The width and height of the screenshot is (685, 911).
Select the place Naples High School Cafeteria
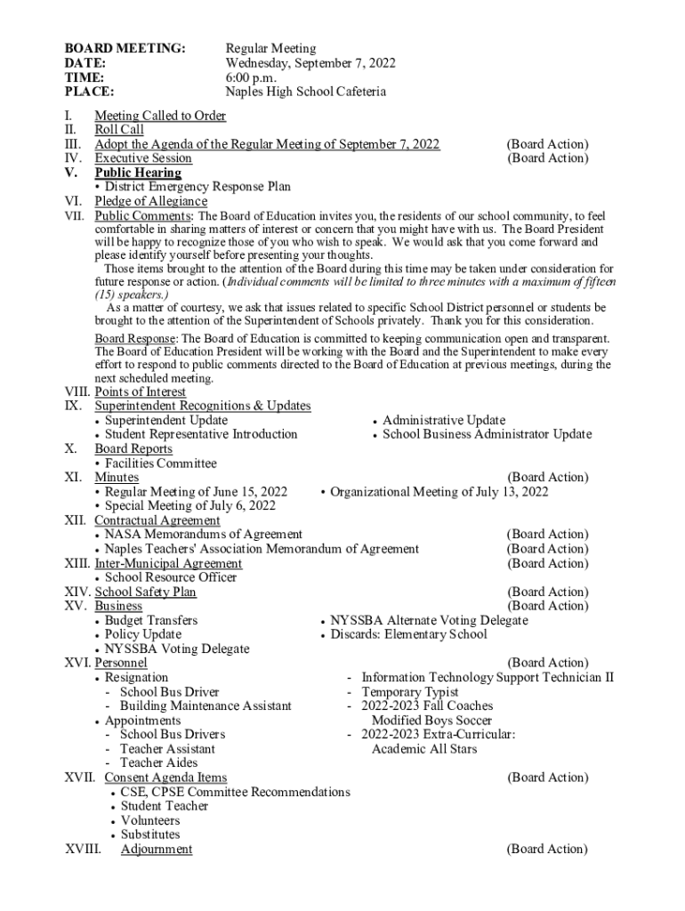(305, 92)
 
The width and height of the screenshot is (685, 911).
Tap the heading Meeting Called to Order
(160, 116)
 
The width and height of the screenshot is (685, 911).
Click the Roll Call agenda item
(119, 130)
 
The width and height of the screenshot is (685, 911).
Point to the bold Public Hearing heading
(138, 173)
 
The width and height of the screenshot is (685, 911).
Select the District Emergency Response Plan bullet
(197, 187)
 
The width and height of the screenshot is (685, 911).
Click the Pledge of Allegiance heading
(150, 201)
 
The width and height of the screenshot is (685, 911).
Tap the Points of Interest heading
(141, 391)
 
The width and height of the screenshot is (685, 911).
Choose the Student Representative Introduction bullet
(200, 434)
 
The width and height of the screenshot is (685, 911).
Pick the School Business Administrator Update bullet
(487, 434)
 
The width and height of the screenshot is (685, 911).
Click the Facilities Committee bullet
(160, 464)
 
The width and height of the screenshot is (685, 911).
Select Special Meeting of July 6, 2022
(189, 506)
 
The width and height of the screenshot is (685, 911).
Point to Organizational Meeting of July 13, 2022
(439, 492)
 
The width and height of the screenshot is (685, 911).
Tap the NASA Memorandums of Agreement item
(203, 535)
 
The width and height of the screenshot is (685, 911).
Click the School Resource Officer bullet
(170, 577)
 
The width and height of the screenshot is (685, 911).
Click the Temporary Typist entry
(409, 691)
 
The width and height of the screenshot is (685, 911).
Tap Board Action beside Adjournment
(547, 849)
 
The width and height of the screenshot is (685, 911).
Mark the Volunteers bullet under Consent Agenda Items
(149, 820)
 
